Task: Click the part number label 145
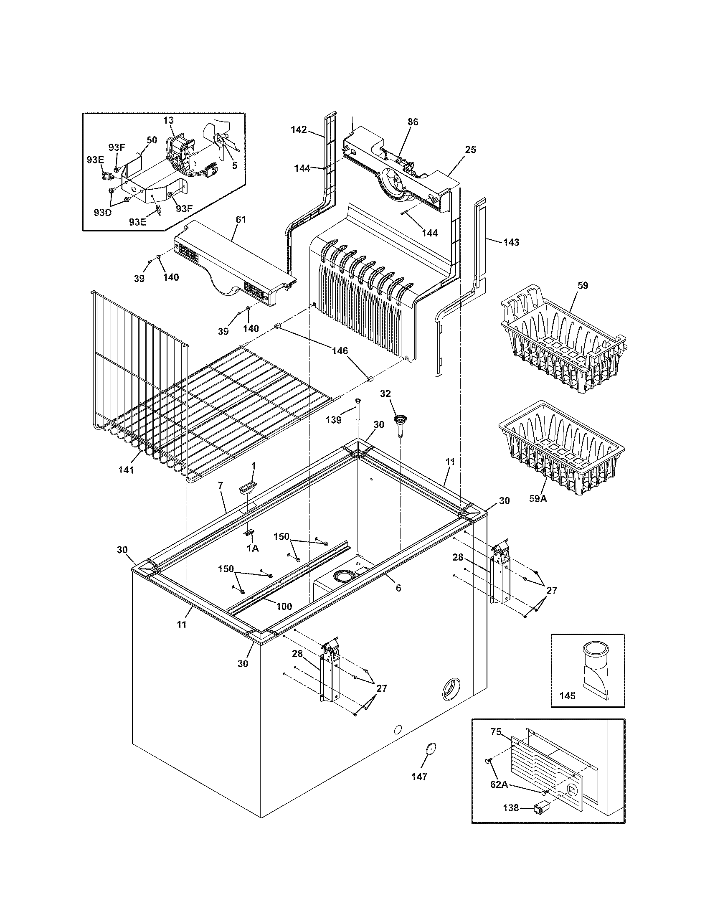(x=568, y=696)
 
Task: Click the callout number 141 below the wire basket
(x=126, y=470)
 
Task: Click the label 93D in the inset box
(x=102, y=212)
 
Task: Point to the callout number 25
(x=470, y=150)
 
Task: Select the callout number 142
(x=299, y=129)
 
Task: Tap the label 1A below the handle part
(x=252, y=548)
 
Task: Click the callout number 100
(x=284, y=607)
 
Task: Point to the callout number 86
(x=413, y=122)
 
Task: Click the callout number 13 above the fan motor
(x=168, y=120)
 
